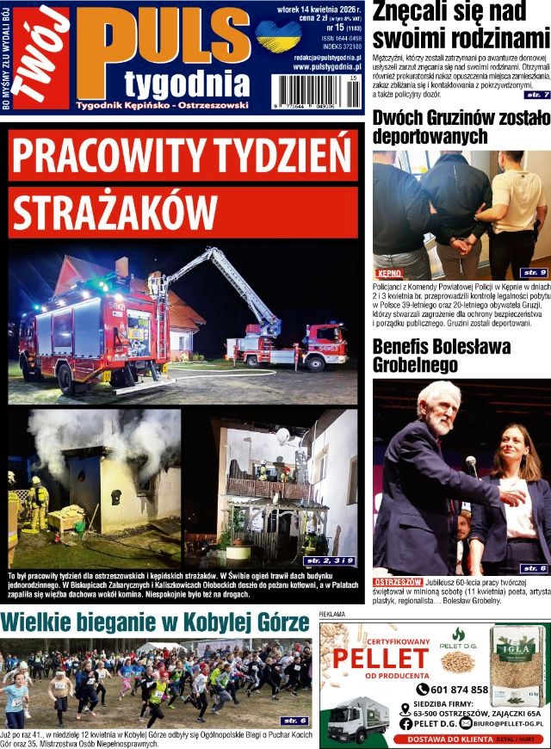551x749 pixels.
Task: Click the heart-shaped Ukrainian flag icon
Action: (278, 36)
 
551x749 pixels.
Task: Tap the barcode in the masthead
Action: (316, 90)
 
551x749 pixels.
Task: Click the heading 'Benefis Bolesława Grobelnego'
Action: (439, 356)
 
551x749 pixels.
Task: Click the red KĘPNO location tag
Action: (389, 273)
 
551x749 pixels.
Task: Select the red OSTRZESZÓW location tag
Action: (398, 582)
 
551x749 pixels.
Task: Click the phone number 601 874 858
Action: (458, 690)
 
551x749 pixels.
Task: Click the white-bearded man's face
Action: (436, 411)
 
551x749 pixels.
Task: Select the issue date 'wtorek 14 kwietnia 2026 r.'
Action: (315, 10)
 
